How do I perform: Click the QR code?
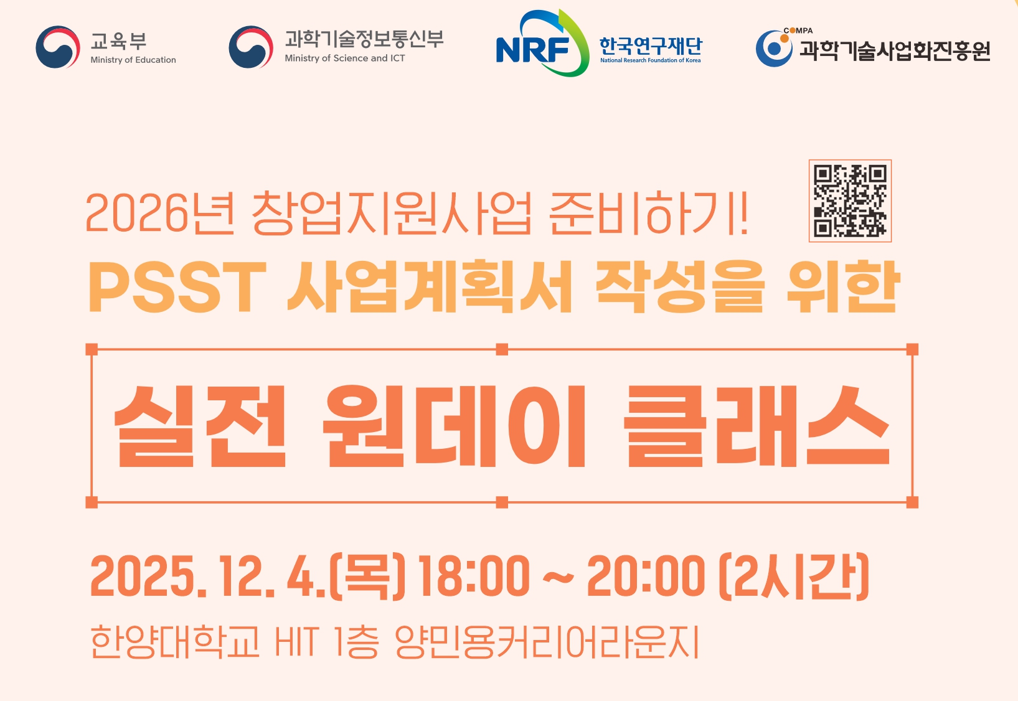click(850, 200)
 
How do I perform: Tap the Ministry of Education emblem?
click(58, 47)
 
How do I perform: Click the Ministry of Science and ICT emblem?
click(251, 47)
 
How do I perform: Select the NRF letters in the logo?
click(533, 50)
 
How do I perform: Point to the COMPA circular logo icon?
click(774, 48)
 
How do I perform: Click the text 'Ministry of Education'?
click(133, 60)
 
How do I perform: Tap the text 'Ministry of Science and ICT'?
click(345, 59)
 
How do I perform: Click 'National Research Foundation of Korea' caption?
click(650, 60)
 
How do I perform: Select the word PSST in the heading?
click(177, 287)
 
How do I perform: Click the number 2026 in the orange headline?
click(136, 214)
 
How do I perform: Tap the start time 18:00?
click(474, 576)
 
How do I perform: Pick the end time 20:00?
click(646, 576)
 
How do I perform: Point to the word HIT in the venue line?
click(297, 642)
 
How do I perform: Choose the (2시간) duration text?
click(794, 576)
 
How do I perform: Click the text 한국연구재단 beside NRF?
click(650, 45)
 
